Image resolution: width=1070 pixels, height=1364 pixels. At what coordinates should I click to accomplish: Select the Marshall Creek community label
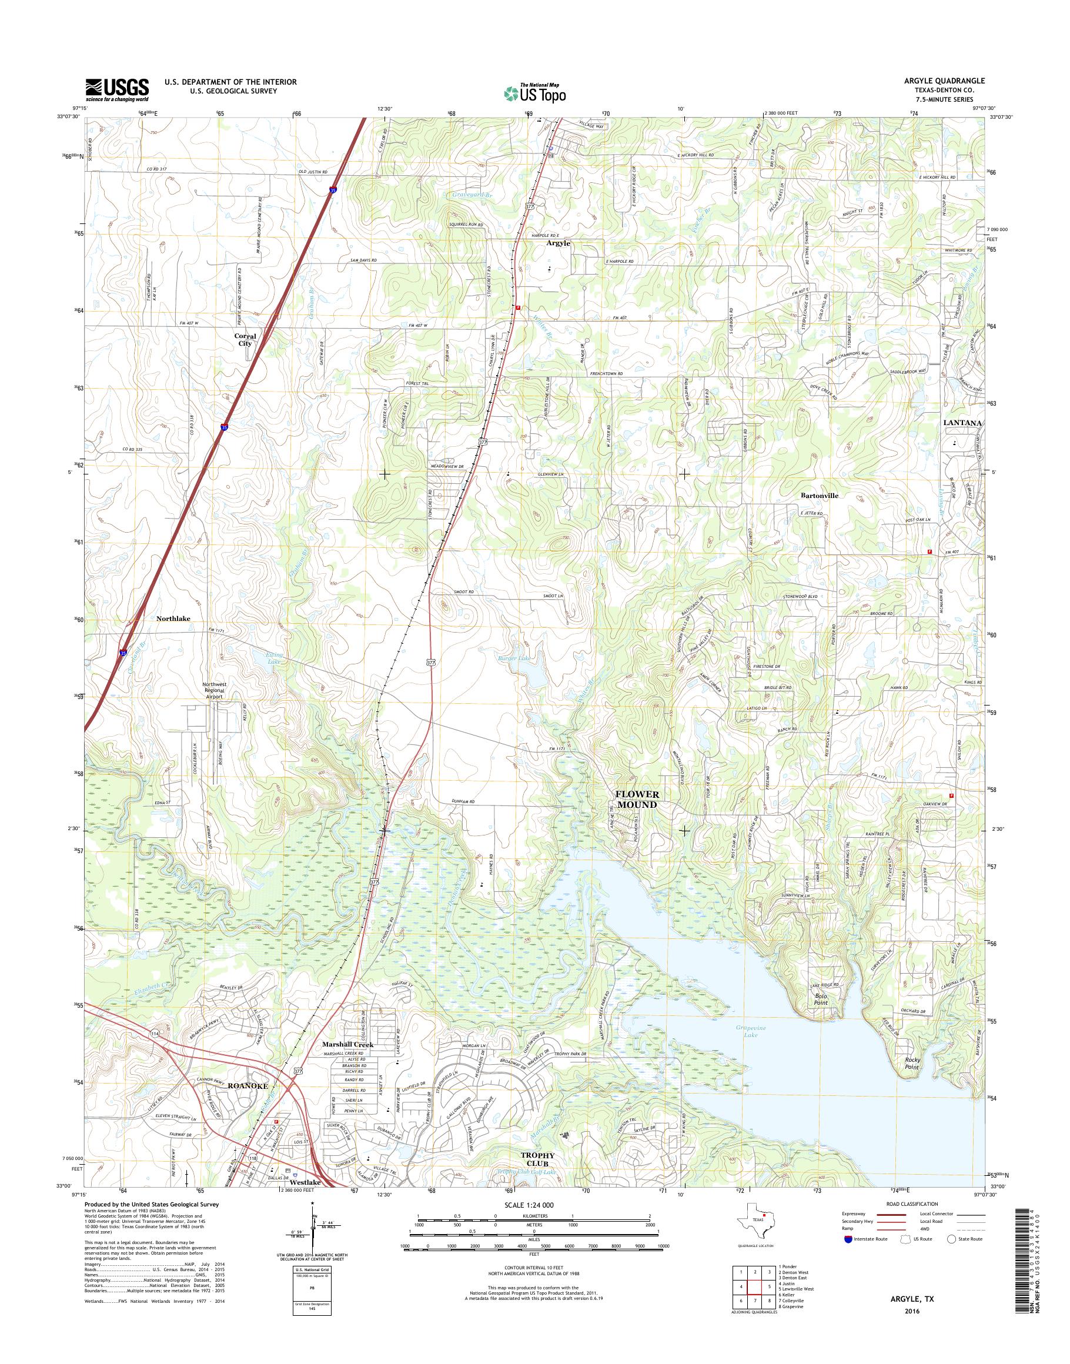[347, 1044]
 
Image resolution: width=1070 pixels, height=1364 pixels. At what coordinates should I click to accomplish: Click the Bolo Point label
[820, 1017]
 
